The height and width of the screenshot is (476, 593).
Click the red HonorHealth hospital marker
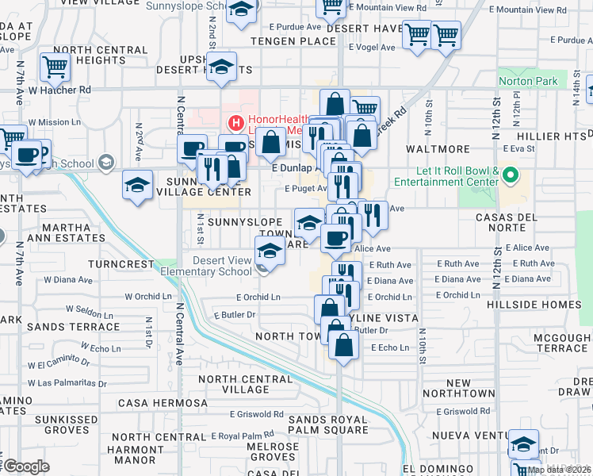235,123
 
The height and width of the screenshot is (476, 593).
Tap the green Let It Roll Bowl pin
511,174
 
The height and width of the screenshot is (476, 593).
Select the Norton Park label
529,81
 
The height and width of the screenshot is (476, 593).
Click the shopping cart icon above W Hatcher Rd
55,68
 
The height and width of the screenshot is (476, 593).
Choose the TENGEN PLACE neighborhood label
293,40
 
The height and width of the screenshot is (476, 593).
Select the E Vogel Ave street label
373,48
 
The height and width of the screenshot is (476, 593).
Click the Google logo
26,466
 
